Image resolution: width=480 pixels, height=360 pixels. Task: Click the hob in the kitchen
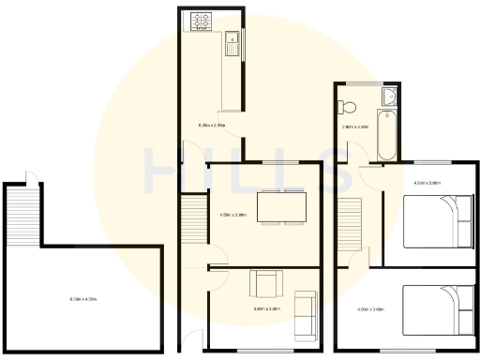202,17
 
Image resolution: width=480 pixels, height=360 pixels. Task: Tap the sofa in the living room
305,314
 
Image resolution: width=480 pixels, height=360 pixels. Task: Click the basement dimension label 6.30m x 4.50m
84,299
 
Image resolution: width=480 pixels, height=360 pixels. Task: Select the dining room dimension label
232,215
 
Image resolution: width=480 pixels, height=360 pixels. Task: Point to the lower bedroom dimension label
371,309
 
